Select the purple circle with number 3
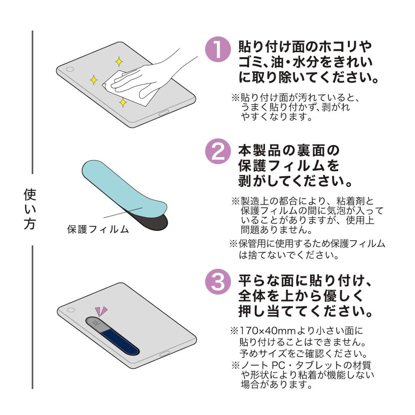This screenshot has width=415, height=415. pos(218,283)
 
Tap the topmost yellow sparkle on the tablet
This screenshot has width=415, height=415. pos(119,61)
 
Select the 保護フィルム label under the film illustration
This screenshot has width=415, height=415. pos(98,229)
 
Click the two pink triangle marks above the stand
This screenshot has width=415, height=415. pos(101,311)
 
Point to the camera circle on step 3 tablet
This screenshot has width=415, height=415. pos(70,310)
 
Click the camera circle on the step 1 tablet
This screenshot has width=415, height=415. pos(70,70)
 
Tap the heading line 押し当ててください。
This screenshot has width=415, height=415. pos(306,311)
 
